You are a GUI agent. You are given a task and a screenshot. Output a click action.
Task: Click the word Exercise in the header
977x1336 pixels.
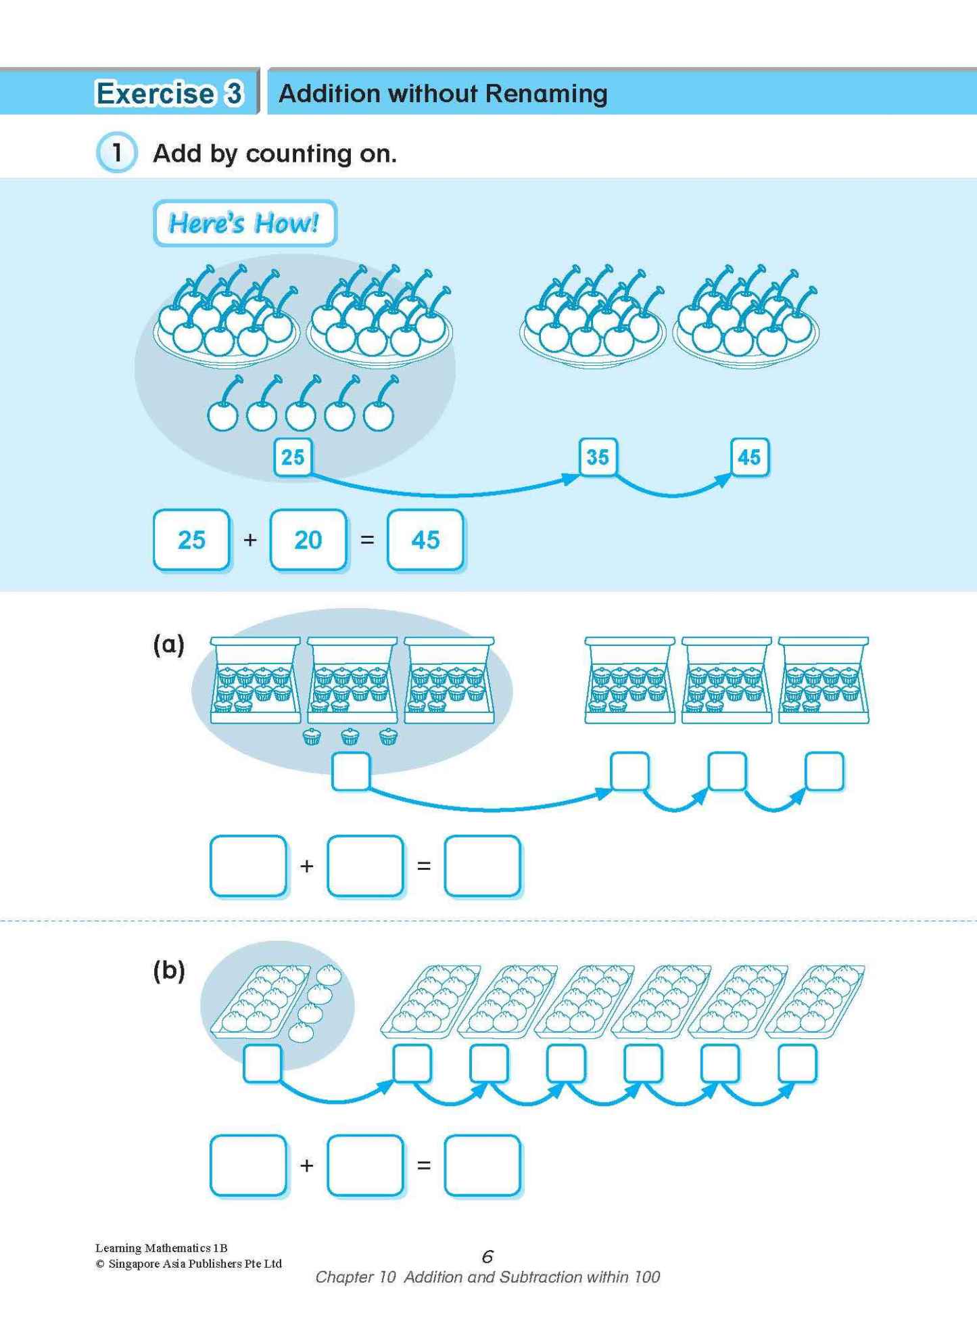click(x=154, y=93)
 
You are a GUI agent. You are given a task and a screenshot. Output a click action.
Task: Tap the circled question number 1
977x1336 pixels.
click(x=116, y=153)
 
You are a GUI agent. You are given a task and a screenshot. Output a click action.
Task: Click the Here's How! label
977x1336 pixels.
click(x=244, y=223)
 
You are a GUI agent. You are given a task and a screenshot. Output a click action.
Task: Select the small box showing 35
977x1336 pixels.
click(x=598, y=457)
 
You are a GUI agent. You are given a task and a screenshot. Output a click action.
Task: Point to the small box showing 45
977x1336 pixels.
click(x=749, y=457)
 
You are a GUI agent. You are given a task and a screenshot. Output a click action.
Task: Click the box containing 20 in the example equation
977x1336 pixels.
click(x=308, y=540)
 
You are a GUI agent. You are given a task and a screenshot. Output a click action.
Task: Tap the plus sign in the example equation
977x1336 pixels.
click(x=250, y=540)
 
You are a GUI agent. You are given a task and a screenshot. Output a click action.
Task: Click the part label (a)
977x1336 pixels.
click(x=168, y=644)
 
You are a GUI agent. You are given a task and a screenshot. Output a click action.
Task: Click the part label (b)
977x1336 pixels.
click(x=168, y=971)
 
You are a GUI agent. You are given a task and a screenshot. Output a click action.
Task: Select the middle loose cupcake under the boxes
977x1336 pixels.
click(x=350, y=736)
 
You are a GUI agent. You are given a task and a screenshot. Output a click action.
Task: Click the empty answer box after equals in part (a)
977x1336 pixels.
click(x=482, y=866)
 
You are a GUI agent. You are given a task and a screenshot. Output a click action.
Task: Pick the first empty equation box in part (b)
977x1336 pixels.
click(x=248, y=1166)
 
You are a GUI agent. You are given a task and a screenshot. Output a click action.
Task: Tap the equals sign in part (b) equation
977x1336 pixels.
click(x=424, y=1166)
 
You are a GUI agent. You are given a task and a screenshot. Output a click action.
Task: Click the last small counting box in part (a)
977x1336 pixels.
click(x=824, y=771)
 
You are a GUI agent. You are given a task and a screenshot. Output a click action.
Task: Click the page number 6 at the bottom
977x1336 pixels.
click(x=487, y=1256)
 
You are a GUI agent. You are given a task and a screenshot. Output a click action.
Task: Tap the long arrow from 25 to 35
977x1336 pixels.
click(x=439, y=492)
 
